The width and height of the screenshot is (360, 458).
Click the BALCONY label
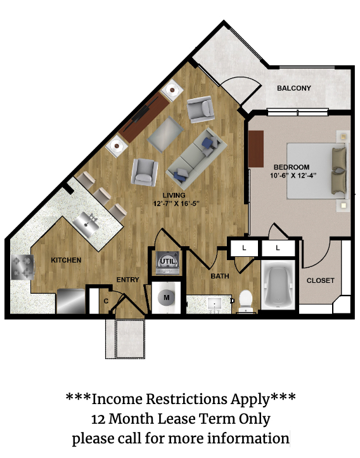pyautogui.click(x=294, y=88)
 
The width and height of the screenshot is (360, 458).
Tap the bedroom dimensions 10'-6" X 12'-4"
pyautogui.click(x=293, y=175)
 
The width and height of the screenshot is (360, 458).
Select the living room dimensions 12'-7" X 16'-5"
pyautogui.click(x=176, y=203)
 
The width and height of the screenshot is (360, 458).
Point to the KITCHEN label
pyautogui.click(x=66, y=260)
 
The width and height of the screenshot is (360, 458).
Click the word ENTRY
pyautogui.click(x=128, y=280)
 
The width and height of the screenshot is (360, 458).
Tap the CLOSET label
pyautogui.click(x=320, y=280)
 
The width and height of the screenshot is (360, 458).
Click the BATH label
pyautogui.click(x=220, y=276)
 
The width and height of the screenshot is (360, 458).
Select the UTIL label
pyautogui.click(x=168, y=262)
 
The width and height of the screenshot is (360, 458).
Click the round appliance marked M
pyautogui.click(x=167, y=298)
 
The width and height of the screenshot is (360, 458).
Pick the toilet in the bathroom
pyautogui.click(x=246, y=301)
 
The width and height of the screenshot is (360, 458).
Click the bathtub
pyautogui.click(x=278, y=285)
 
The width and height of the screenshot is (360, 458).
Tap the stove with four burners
pyautogui.click(x=22, y=267)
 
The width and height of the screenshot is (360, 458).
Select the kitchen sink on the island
pyautogui.click(x=86, y=224)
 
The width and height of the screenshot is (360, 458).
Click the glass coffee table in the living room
pyautogui.click(x=165, y=134)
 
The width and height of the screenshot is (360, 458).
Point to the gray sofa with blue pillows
pyautogui.click(x=196, y=159)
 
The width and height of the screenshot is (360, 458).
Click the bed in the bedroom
pyautogui.click(x=317, y=171)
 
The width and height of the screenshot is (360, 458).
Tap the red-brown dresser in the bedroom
pyautogui.click(x=256, y=149)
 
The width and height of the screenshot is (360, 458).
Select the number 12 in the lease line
pyautogui.click(x=98, y=419)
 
